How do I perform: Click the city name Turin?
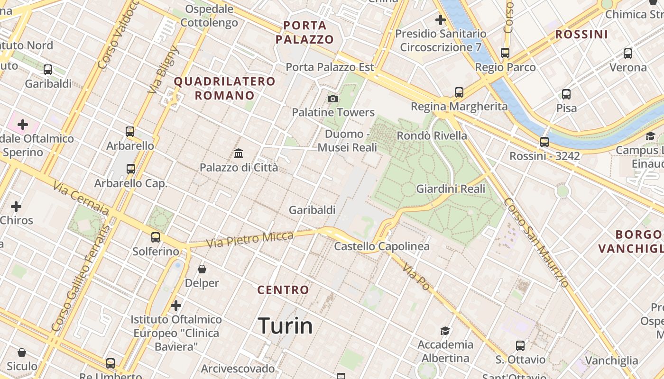[285, 326]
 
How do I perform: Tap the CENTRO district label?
[283, 290]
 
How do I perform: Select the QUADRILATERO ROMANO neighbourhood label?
[224, 88]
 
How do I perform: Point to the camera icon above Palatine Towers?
[333, 99]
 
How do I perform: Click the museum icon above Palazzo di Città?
[239, 153]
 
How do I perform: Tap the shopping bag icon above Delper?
[202, 269]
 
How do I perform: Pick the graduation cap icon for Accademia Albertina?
[445, 331]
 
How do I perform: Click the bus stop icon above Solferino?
[156, 237]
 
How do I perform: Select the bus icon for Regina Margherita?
[459, 92]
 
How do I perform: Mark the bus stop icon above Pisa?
[566, 94]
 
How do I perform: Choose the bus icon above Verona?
[628, 53]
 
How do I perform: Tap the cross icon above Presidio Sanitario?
[440, 20]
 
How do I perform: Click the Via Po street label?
[416, 278]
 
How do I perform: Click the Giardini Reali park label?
[451, 189]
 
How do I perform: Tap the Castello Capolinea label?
[382, 246]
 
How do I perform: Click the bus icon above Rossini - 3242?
[544, 142]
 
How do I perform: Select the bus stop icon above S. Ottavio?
[520, 345]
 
